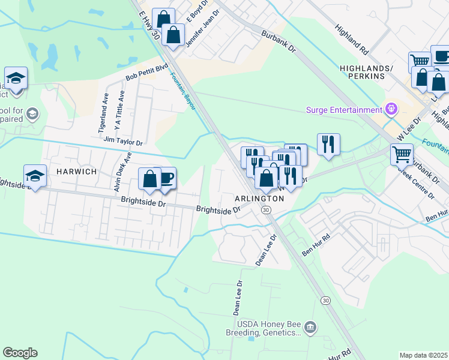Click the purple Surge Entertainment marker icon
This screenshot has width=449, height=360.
pyautogui.click(x=391, y=109)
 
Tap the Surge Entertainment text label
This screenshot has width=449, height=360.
pyautogui.click(x=344, y=110)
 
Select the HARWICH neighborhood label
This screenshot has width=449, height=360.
pyautogui.click(x=76, y=172)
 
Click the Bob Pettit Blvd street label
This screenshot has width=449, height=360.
pyautogui.click(x=146, y=73)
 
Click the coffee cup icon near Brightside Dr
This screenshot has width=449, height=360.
pyautogui.click(x=166, y=178)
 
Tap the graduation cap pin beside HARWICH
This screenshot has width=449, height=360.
pyautogui.click(x=35, y=176)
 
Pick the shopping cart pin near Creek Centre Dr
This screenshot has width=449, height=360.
pyautogui.click(x=401, y=154)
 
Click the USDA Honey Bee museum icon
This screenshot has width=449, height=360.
pyautogui.click(x=310, y=327)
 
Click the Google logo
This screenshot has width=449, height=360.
pyautogui.click(x=20, y=353)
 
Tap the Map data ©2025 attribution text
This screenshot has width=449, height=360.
pyautogui.click(x=423, y=355)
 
